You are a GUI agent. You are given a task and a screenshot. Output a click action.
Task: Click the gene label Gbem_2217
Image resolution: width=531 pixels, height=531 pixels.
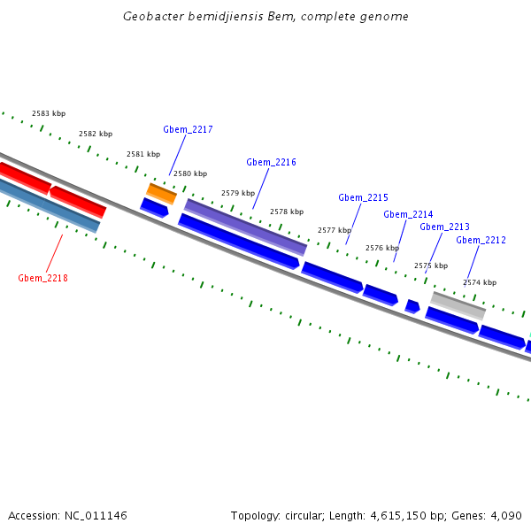pos(188,129)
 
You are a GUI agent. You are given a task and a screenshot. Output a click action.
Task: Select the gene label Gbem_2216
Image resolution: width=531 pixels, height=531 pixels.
pos(271,162)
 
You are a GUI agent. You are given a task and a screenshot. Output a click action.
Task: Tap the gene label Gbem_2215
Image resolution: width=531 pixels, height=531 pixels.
pos(363,197)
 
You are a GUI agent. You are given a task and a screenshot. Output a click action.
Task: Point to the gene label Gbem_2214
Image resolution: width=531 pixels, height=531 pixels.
pos(408,214)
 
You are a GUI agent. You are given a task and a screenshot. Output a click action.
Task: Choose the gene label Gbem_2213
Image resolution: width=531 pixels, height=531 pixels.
pos(444,227)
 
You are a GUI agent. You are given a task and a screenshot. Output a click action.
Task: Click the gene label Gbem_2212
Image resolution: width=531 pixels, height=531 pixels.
pos(481,240)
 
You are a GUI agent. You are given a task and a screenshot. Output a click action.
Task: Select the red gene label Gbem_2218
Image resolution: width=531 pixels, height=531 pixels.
pos(42,278)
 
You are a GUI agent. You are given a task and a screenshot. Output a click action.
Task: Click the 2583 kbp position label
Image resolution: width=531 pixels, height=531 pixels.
pos(49,113)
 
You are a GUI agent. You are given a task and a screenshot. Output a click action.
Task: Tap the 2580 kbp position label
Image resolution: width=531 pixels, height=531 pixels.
pos(190,173)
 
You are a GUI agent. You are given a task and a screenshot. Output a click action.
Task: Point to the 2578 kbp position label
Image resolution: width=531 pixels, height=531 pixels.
pos(287,212)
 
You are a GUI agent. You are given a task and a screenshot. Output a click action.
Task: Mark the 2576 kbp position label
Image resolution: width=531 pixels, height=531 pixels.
pos(382,248)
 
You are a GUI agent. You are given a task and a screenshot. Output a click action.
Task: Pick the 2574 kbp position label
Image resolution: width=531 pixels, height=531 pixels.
pos(480,282)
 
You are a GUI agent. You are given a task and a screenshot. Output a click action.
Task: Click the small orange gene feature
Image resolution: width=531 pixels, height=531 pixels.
pos(161,193)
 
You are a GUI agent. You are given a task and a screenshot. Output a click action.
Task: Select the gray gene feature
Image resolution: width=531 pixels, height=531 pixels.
pos(458,305)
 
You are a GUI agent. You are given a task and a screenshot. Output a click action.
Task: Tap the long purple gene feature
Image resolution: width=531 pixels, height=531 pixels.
pos(245,227)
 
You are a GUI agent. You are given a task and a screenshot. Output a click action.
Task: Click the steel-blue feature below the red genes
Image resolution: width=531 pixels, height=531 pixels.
pos(50,206)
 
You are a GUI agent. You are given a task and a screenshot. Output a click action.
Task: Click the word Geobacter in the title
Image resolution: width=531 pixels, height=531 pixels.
pos(152,17)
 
